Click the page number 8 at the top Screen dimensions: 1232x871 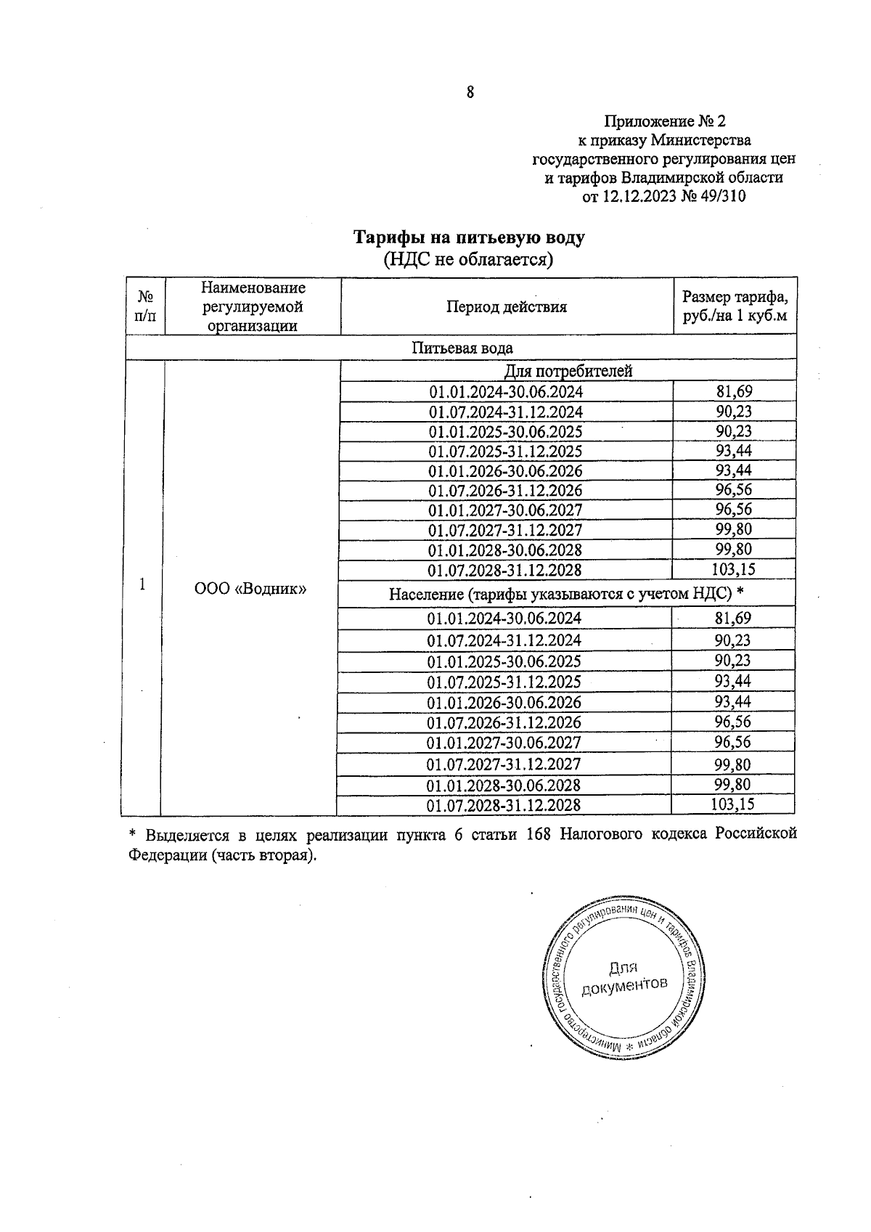pos(470,92)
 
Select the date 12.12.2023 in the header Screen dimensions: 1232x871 pos(639,197)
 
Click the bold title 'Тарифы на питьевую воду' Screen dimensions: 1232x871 pos(468,238)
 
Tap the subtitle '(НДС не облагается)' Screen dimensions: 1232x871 pos(468,259)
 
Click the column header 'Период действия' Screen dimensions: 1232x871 pos(506,306)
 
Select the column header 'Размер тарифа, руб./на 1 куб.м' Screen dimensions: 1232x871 pos(735,306)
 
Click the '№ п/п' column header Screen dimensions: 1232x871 pos(146,306)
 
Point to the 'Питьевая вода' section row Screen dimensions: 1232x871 pos(462,348)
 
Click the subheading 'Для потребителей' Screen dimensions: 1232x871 pos(568,371)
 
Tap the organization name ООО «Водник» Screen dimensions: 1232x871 pos(250,589)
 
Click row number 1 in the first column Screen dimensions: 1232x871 pos(143,584)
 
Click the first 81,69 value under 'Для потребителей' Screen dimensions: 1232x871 pos(734,392)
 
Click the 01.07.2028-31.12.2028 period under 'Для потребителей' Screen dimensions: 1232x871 pos(504,570)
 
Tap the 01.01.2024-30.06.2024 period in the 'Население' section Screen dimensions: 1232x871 pos(504,619)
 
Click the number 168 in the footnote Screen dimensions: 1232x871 pos(538,834)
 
